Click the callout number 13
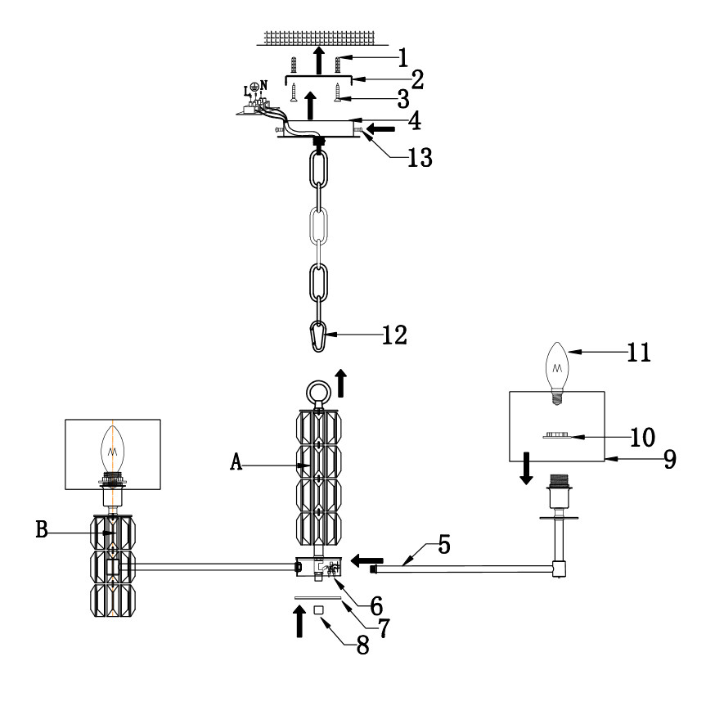pyautogui.click(x=420, y=155)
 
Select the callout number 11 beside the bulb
pyautogui.click(x=639, y=353)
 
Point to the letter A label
pyautogui.click(x=236, y=462)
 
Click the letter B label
pyautogui.click(x=42, y=529)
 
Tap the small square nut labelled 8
pyautogui.click(x=319, y=610)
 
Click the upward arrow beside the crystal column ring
pyautogui.click(x=341, y=382)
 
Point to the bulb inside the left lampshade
pyautogui.click(x=111, y=446)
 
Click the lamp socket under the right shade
pyautogui.click(x=560, y=488)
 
